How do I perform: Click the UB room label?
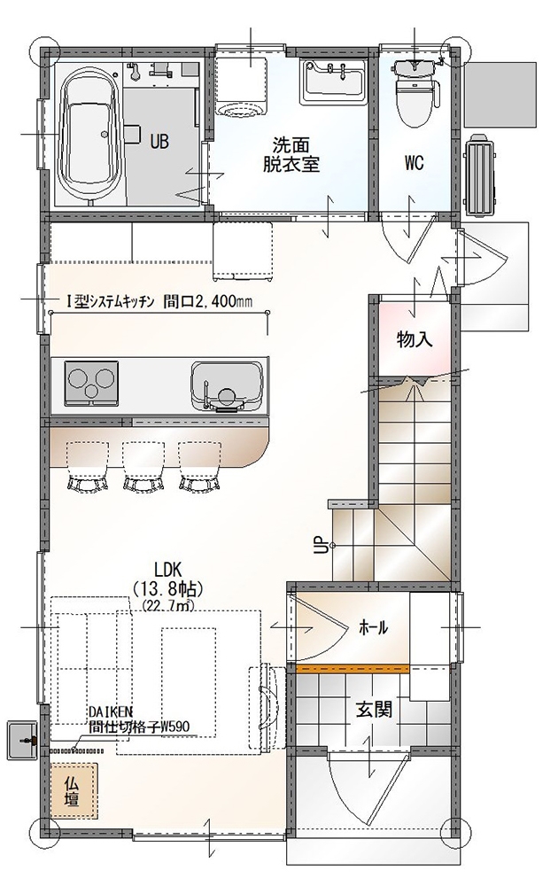pyautogui.click(x=159, y=141)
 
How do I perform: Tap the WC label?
pyautogui.click(x=414, y=163)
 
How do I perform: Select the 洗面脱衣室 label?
pyautogui.click(x=291, y=154)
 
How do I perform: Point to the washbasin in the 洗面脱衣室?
pyautogui.click(x=333, y=81)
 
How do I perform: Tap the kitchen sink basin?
pyautogui.click(x=226, y=385)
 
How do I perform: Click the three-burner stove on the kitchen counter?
pyautogui.click(x=93, y=383)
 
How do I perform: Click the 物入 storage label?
pyautogui.click(x=415, y=339)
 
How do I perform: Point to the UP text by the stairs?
pyautogui.click(x=319, y=545)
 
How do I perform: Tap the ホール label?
pyautogui.click(x=373, y=626)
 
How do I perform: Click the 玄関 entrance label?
pyautogui.click(x=374, y=709)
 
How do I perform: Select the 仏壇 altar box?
pyautogui.click(x=73, y=791)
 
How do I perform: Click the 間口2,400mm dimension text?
pyautogui.click(x=208, y=302)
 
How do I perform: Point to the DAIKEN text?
pyautogui.click(x=110, y=713)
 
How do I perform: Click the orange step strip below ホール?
pyautogui.click(x=353, y=668)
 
